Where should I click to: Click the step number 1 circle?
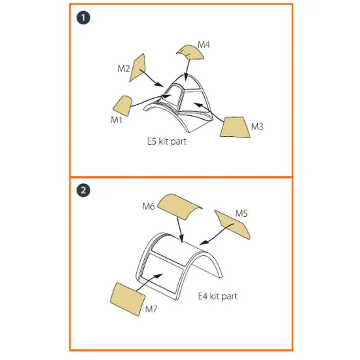[x=83, y=18]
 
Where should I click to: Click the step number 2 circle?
[x=83, y=190]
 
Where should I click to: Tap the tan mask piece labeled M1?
[x=122, y=106]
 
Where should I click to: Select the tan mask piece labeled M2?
[x=138, y=67]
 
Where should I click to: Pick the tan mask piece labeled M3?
[x=234, y=127]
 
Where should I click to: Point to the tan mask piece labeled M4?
[x=190, y=52]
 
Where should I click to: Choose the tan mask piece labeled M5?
[x=233, y=225]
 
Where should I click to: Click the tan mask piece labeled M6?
[x=180, y=206]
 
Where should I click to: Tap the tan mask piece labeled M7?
[x=128, y=299]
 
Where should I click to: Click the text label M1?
[x=117, y=120]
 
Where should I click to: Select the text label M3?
[x=257, y=126]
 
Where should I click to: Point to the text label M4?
[x=204, y=45]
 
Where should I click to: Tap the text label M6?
[x=149, y=206]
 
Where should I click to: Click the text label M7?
[x=151, y=309]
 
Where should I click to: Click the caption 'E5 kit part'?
[x=167, y=141]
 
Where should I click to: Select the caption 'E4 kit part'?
[x=218, y=296]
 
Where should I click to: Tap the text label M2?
[x=124, y=69]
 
